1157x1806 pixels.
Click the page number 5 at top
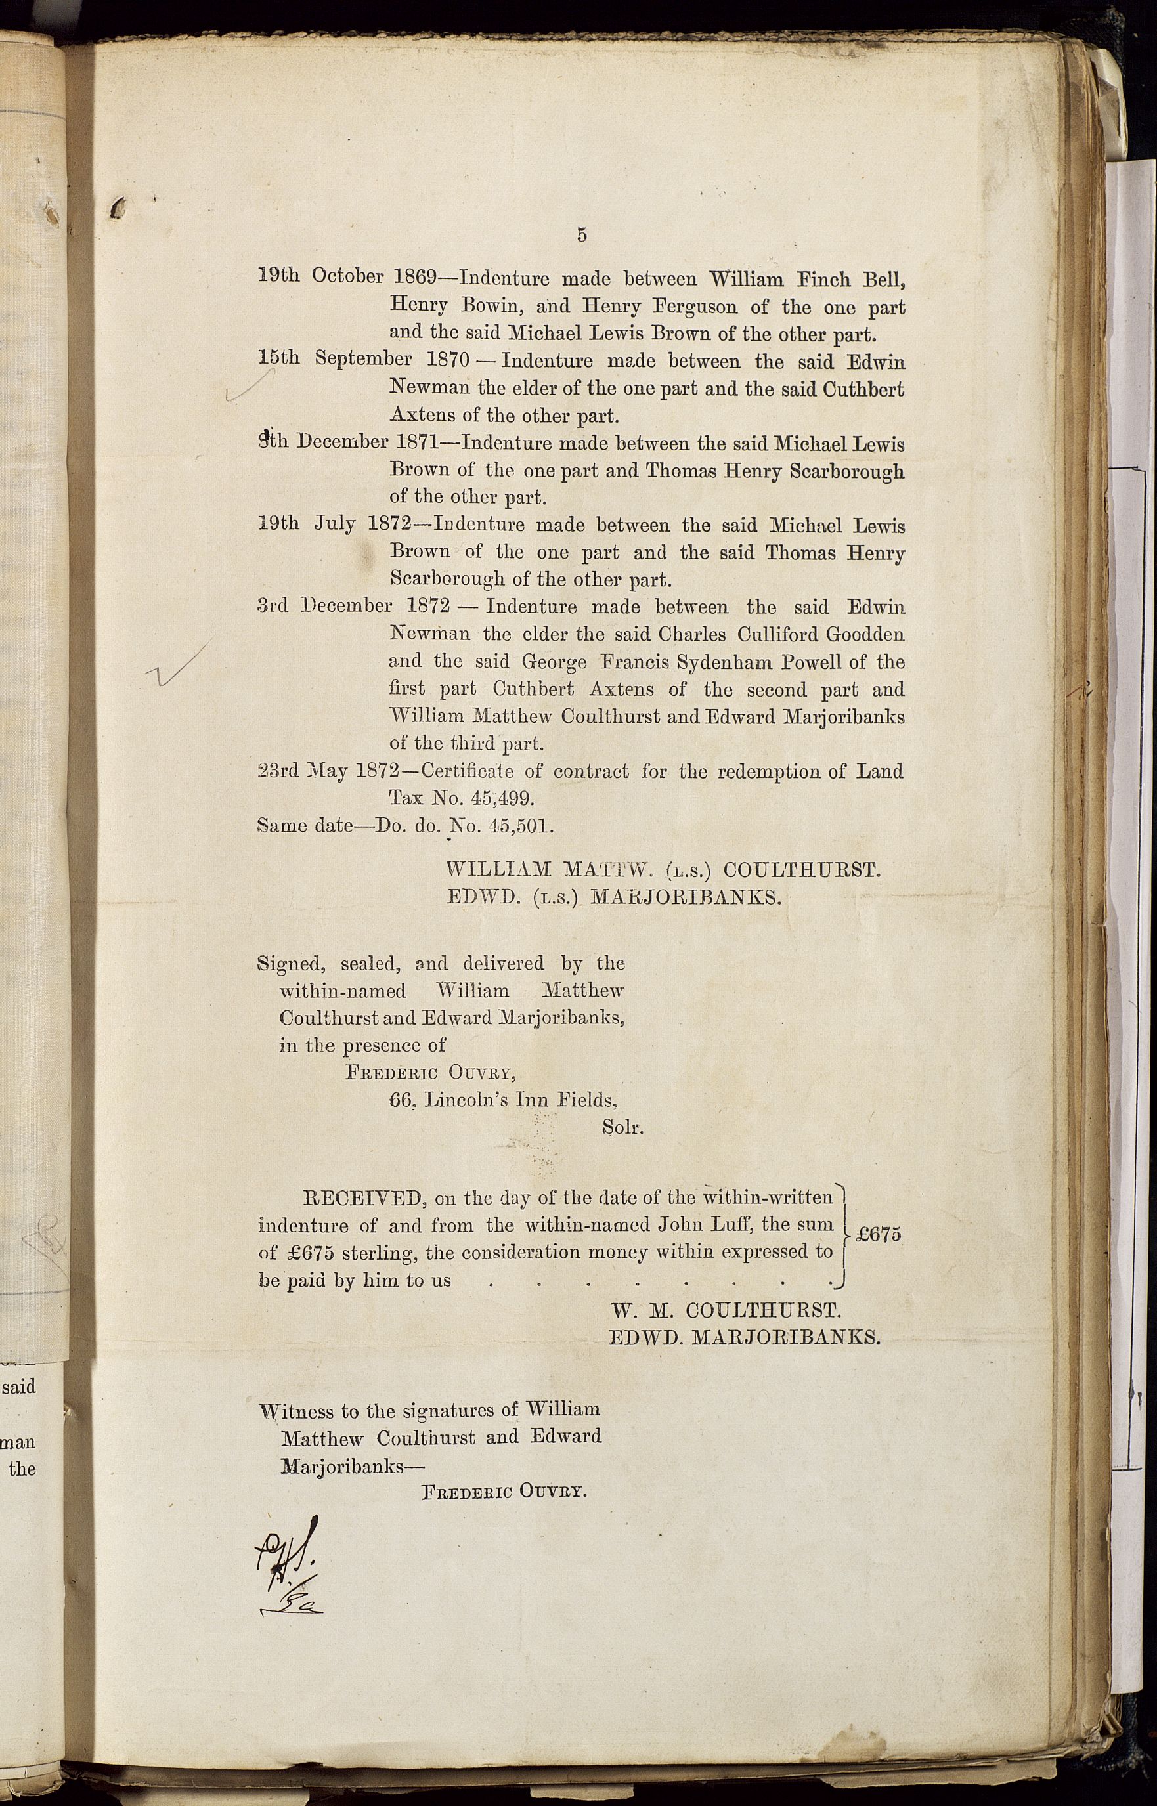pos(582,235)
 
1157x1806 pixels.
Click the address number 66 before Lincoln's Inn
pos(403,1100)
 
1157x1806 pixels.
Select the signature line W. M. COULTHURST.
pos(726,1310)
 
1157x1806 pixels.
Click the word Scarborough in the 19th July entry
pos(447,580)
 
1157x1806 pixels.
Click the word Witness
pos(297,1411)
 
